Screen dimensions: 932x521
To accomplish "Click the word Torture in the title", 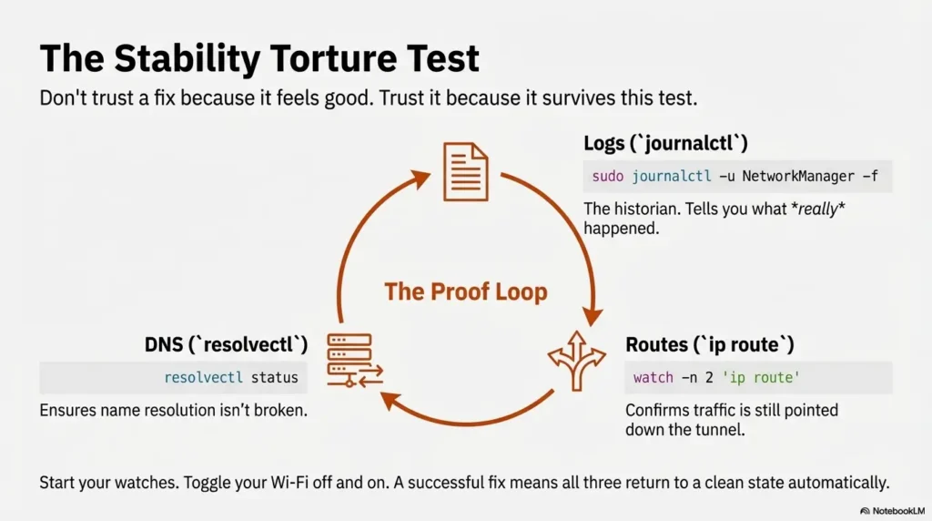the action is point(334,58).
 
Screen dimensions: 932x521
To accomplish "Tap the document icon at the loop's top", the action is point(466,172).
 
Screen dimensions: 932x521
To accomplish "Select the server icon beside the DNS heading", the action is point(355,361).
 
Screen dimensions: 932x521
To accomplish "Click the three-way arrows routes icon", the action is point(576,361).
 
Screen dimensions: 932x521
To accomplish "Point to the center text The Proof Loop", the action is point(466,291).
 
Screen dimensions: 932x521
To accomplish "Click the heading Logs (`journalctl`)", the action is point(665,143).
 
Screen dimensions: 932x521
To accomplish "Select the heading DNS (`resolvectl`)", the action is point(226,344).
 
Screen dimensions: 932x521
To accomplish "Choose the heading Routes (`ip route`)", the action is point(710,344).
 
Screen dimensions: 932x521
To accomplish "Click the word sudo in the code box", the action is point(607,176).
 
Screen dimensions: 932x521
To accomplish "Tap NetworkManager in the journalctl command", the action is point(798,176).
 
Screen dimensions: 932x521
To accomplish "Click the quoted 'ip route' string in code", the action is point(761,378).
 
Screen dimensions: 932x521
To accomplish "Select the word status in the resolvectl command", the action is point(275,378).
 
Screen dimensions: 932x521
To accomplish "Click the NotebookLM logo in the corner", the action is point(892,511).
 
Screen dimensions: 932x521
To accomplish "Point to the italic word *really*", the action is point(818,209).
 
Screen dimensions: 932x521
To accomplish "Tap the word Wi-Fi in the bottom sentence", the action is point(289,483).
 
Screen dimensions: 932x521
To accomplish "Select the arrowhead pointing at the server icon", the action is point(391,400).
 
